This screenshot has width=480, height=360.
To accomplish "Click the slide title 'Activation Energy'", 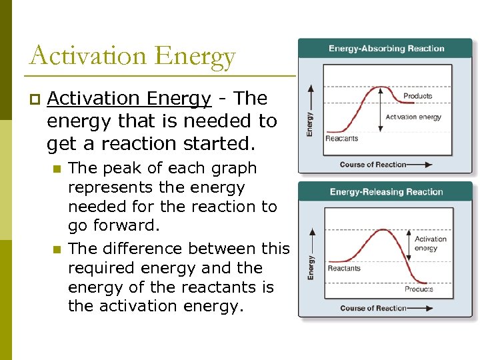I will coord(132,56).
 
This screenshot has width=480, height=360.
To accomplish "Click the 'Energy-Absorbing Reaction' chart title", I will coord(386,48).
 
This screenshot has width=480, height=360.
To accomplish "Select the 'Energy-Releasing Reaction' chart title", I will coord(386,192).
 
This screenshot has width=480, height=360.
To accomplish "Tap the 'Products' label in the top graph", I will coord(417,96).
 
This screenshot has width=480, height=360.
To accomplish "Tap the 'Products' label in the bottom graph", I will coord(419,289).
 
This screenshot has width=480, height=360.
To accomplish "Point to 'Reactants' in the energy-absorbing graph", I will coord(341,139).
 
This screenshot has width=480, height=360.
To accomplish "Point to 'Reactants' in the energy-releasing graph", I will coord(344,269).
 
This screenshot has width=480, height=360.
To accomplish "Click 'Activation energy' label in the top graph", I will coord(413,117).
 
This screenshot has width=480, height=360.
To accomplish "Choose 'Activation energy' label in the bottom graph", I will coord(430,243).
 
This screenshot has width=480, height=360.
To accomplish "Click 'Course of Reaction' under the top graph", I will coord(373,165).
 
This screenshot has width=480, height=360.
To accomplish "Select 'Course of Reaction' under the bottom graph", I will coord(373,308).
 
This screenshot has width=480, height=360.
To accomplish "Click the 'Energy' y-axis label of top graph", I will coord(309,123).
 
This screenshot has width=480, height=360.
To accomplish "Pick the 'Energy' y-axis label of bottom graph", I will coord(311,267).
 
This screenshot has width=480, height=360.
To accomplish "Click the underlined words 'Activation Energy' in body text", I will coord(129,99).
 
